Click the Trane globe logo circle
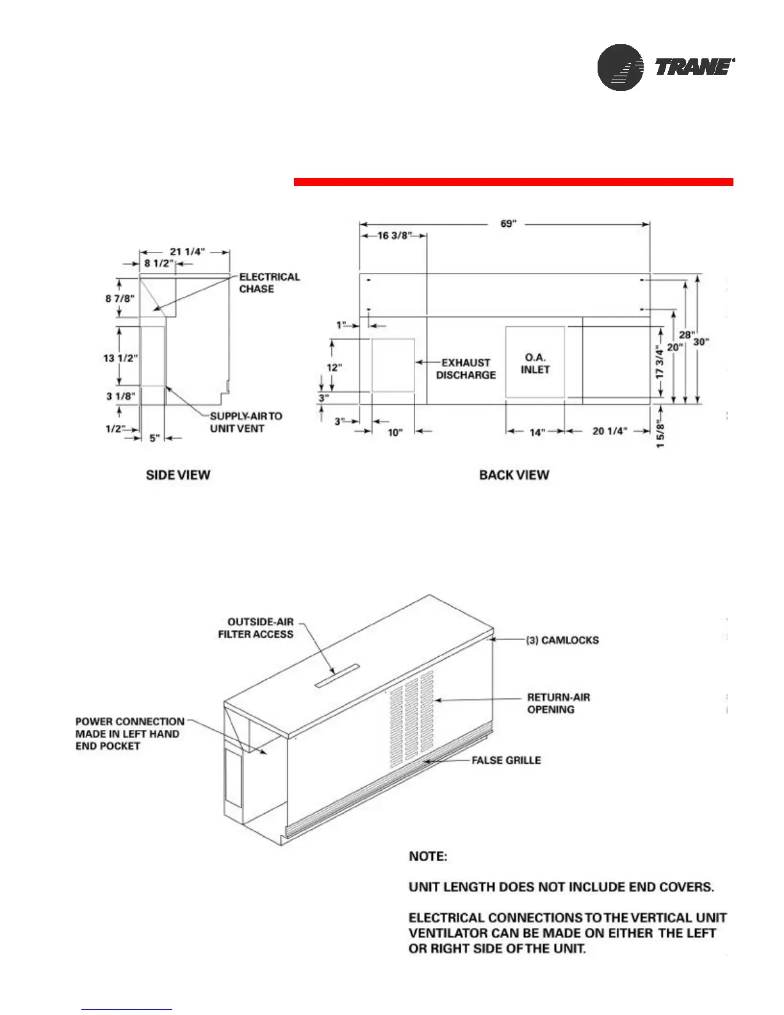pyautogui.click(x=620, y=67)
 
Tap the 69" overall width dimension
pyautogui.click(x=508, y=224)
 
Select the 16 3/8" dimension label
pyautogui.click(x=394, y=236)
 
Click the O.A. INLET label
pyautogui.click(x=535, y=363)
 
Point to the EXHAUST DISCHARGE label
pyautogui.click(x=466, y=369)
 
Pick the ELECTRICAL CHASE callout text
pyautogui.click(x=269, y=283)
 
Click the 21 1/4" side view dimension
pyautogui.click(x=187, y=252)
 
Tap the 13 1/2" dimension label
pyautogui.click(x=120, y=358)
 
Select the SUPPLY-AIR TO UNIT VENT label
pyautogui.click(x=246, y=422)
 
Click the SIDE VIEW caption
pyautogui.click(x=178, y=475)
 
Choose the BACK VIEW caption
pyautogui.click(x=514, y=475)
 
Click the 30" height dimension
pyautogui.click(x=701, y=342)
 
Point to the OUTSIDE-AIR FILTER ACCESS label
pyautogui.click(x=256, y=628)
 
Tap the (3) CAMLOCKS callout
pyautogui.click(x=562, y=640)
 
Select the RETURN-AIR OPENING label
pyautogui.click(x=558, y=704)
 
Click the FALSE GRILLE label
pyautogui.click(x=506, y=761)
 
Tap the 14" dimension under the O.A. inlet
pyautogui.click(x=535, y=432)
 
